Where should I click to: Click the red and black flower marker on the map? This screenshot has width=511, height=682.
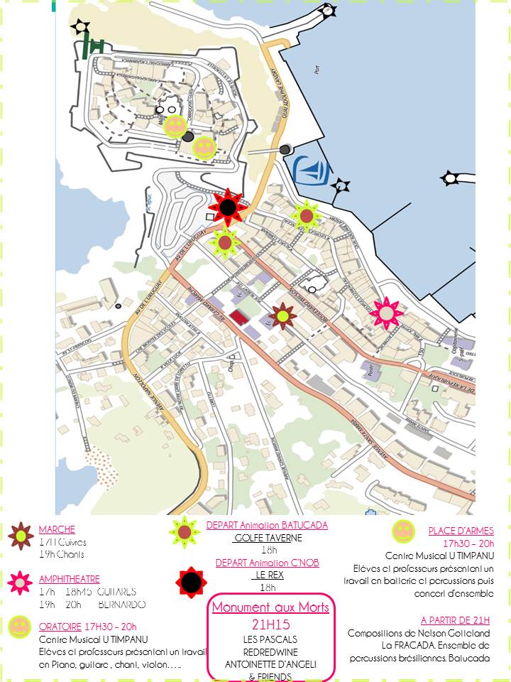tap(227, 207)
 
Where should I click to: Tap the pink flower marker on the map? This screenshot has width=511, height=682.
tap(387, 313)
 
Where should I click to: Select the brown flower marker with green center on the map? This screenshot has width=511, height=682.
tap(282, 315)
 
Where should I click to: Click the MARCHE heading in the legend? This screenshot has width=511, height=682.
tap(57, 530)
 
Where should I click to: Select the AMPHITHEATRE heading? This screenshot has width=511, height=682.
tap(70, 579)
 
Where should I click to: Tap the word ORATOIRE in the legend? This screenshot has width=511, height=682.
tap(60, 627)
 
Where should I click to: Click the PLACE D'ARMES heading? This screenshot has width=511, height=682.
tap(461, 531)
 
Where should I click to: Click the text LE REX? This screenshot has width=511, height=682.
tap(269, 575)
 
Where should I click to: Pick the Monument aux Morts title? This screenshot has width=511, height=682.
tap(270, 607)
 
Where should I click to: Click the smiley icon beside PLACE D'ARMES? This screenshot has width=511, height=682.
tap(403, 531)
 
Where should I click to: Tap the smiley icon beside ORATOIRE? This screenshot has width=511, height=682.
tap(20, 627)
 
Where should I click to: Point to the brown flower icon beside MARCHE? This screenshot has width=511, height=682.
tap(21, 536)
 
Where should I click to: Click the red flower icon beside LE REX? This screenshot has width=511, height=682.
tap(191, 583)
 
